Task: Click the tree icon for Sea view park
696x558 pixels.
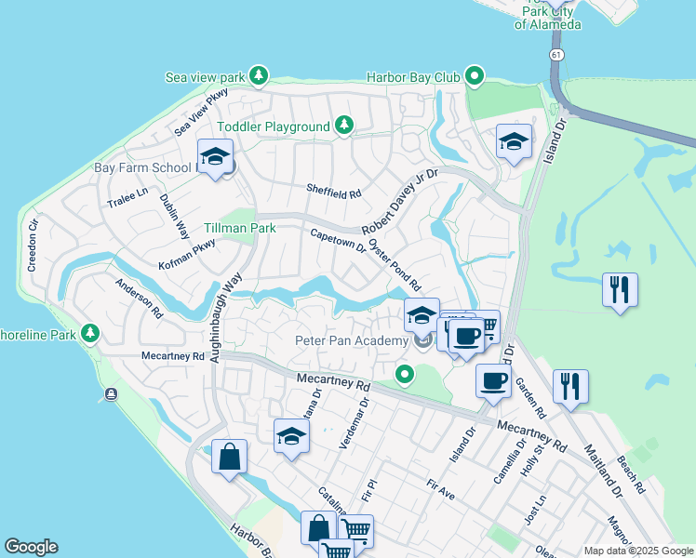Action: click(259, 74)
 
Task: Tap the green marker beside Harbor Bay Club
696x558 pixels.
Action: click(475, 76)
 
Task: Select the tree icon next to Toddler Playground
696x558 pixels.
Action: click(344, 126)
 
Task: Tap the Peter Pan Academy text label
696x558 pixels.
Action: click(352, 340)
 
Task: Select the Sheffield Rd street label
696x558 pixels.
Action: click(333, 191)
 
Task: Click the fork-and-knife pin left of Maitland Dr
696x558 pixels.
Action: click(569, 386)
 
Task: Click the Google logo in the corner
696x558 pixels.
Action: click(31, 547)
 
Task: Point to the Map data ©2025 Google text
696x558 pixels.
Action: click(638, 551)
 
